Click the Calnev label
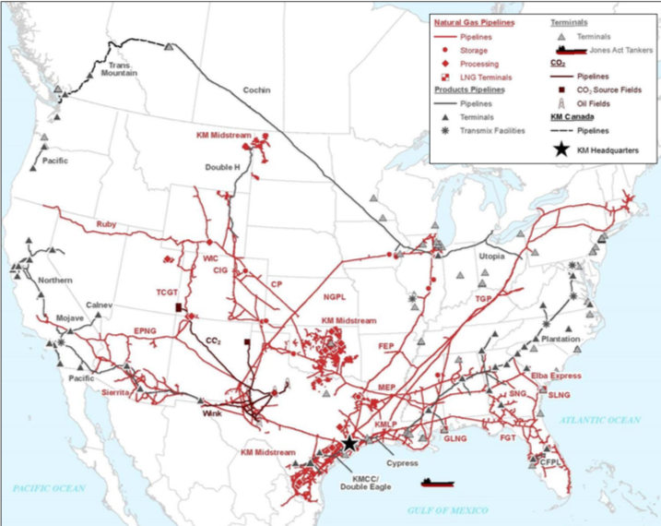pyautogui.click(x=100, y=305)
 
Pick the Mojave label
pyautogui.click(x=70, y=318)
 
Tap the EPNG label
pyautogui.click(x=147, y=329)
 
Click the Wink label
pyautogui.click(x=214, y=413)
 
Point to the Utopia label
pyautogui.click(x=492, y=256)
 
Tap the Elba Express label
pyautogui.click(x=556, y=376)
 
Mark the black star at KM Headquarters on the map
pyautogui.click(x=349, y=444)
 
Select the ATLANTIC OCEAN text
pyautogui.click(x=600, y=420)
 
